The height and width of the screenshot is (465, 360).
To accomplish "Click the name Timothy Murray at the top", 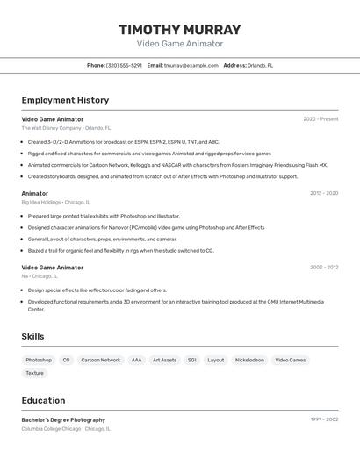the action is [x=180, y=30].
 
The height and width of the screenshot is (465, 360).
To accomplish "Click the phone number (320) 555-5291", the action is [x=124, y=65].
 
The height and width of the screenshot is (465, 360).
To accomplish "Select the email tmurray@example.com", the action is [x=191, y=65].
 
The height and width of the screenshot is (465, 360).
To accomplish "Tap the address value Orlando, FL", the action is [x=260, y=65].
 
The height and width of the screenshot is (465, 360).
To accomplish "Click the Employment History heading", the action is [x=65, y=100].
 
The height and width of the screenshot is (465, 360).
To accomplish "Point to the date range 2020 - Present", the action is [x=320, y=119].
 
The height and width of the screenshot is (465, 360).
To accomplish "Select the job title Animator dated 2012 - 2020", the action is [x=35, y=193].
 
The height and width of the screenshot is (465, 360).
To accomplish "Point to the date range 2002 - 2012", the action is [x=323, y=268].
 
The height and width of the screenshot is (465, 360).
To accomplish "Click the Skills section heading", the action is [x=32, y=336].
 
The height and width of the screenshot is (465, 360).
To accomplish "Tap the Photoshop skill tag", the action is [x=39, y=360].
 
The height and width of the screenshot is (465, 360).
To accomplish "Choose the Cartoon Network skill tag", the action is [x=100, y=360].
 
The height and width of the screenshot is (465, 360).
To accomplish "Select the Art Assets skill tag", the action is [x=164, y=360].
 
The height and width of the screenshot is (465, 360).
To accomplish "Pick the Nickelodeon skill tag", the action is [x=249, y=360].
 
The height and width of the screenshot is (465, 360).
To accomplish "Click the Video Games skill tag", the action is [x=291, y=360].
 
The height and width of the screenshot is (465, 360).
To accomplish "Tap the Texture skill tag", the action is [x=34, y=373].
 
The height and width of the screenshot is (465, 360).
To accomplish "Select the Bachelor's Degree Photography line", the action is [x=63, y=419].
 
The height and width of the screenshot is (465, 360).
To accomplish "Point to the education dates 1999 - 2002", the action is [x=324, y=419].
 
